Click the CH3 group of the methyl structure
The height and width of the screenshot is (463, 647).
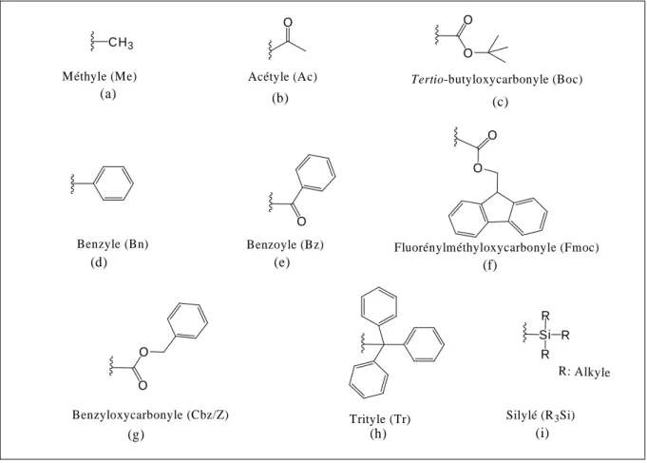click(121, 43)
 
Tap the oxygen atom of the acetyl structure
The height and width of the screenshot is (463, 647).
click(288, 22)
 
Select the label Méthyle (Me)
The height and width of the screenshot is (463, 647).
click(100, 76)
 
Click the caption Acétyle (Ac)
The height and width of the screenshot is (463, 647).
click(283, 77)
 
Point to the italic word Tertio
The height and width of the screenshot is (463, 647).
click(427, 79)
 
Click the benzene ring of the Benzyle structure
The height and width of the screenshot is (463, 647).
click(114, 183)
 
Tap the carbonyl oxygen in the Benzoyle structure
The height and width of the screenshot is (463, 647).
click(301, 222)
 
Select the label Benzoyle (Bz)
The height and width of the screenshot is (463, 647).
click(285, 244)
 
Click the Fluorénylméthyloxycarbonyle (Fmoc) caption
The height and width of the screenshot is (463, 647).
click(496, 247)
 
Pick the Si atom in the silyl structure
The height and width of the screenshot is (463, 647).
click(544, 335)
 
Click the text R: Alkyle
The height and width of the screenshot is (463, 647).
click(584, 372)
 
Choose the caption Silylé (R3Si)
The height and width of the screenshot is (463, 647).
click(541, 415)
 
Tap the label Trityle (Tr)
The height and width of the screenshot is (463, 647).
click(380, 419)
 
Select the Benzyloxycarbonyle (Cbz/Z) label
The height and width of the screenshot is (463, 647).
click(151, 415)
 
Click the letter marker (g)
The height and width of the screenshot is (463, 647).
click(136, 434)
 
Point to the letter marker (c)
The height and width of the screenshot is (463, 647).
click(500, 102)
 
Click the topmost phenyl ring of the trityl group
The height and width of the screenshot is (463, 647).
click(379, 305)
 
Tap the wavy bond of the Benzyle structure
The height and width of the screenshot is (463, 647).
click(72, 183)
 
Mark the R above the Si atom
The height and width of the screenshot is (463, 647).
click(545, 316)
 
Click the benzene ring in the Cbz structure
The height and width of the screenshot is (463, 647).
click(188, 321)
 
